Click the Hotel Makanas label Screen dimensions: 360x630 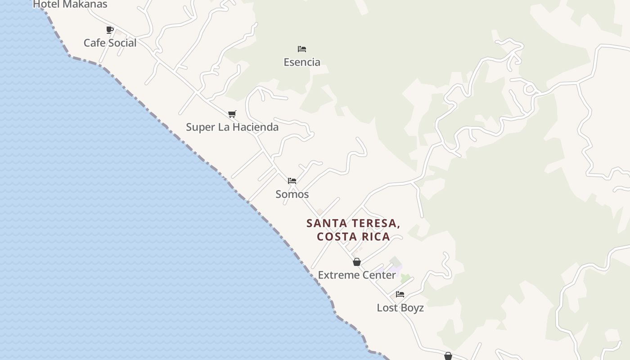[70, 4]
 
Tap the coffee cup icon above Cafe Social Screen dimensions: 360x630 [110, 30]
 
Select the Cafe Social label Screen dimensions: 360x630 [110, 43]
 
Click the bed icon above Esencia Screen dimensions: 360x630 [302, 49]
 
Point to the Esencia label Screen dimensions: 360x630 [302, 62]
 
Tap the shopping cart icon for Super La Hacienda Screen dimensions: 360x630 [232, 114]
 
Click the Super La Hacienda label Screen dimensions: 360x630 [232, 127]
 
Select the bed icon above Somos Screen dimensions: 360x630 [292, 181]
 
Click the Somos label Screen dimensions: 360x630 [292, 194]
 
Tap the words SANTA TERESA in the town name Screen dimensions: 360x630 [353, 223]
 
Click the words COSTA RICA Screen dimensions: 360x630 [353, 237]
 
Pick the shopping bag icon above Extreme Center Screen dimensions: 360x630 [357, 262]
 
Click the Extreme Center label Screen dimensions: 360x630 [357, 275]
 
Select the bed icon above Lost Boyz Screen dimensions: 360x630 [400, 294]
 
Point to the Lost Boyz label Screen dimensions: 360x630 [400, 308]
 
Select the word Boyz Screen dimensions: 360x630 [412, 308]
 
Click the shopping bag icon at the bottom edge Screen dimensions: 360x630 [448, 356]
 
